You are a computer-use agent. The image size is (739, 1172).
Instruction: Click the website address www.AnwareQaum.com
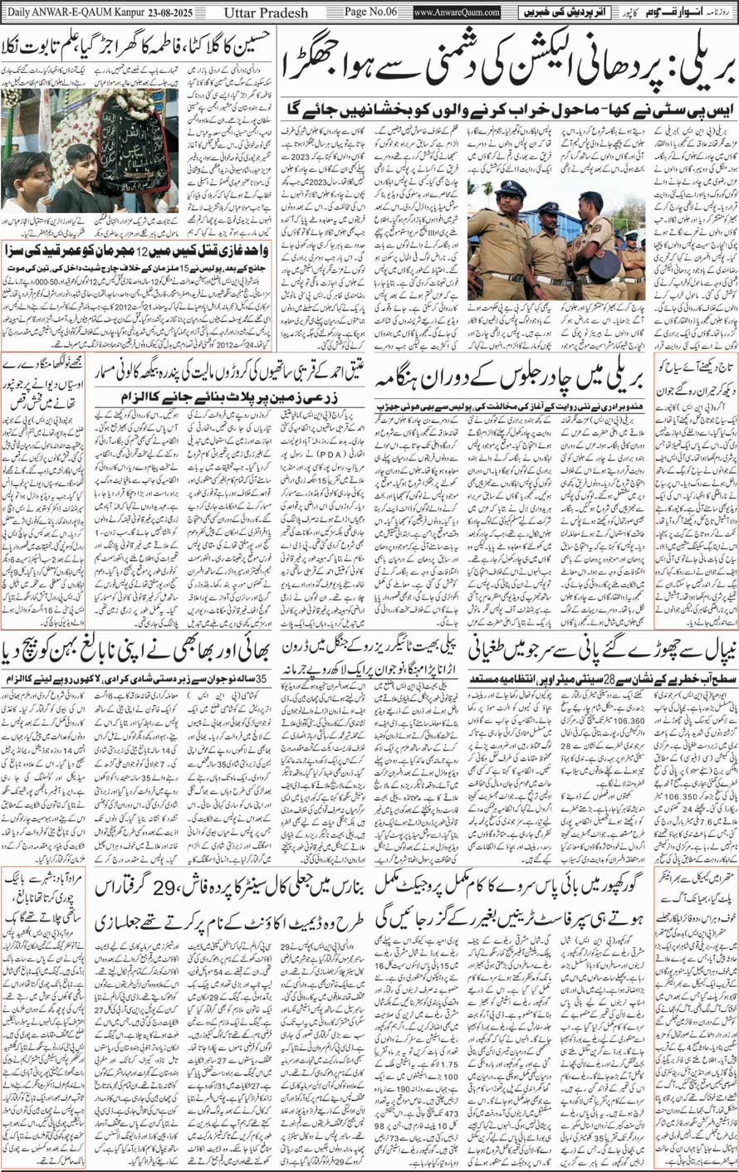point(456,12)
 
